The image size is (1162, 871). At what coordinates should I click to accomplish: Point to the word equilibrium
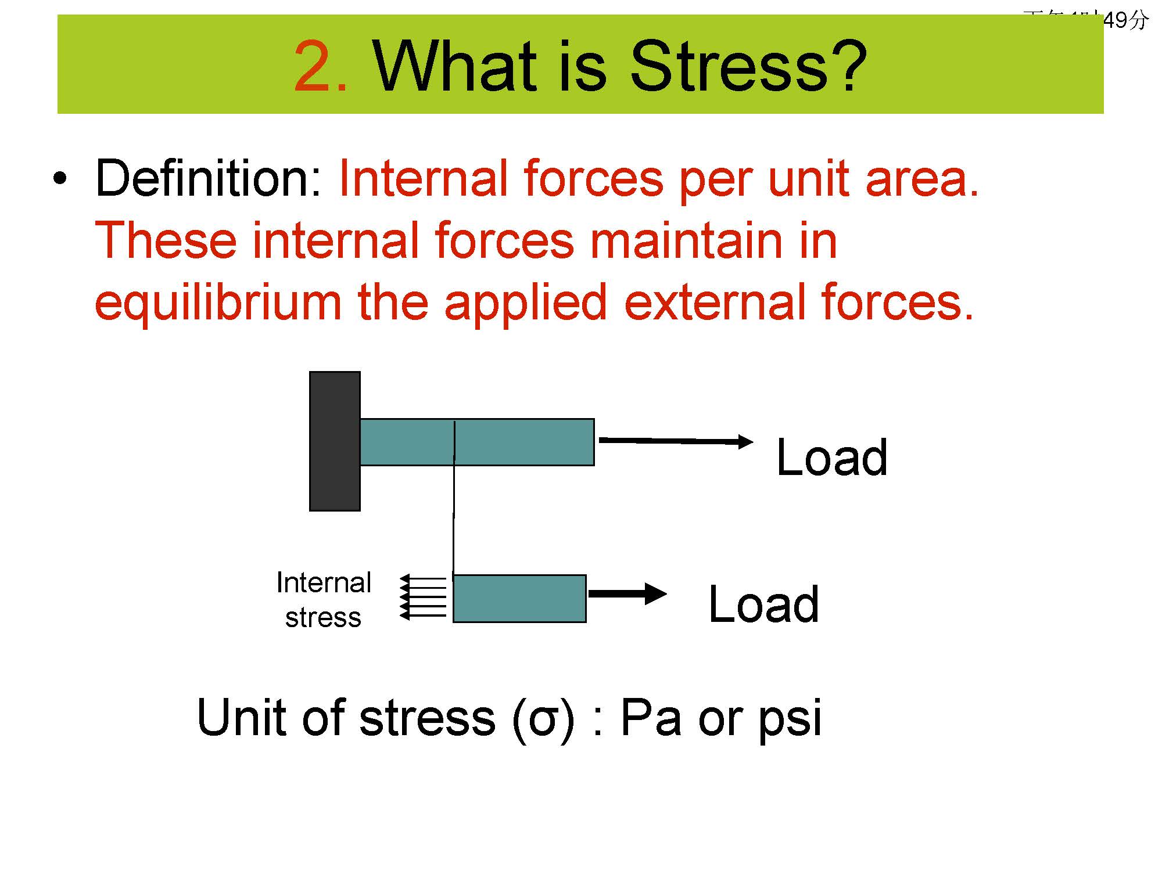[218, 303]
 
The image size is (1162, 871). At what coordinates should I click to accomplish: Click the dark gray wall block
[335, 441]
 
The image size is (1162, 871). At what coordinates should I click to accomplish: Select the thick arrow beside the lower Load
[627, 593]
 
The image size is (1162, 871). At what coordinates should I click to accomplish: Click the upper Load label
[832, 458]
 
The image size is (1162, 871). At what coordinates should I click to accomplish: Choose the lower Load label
[763, 604]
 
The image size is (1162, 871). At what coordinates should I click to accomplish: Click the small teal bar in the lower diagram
[519, 599]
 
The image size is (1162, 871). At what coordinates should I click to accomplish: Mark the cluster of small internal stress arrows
[423, 597]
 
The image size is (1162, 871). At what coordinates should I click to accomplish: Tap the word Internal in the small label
[324, 582]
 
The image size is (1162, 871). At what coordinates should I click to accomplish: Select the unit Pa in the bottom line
[650, 718]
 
